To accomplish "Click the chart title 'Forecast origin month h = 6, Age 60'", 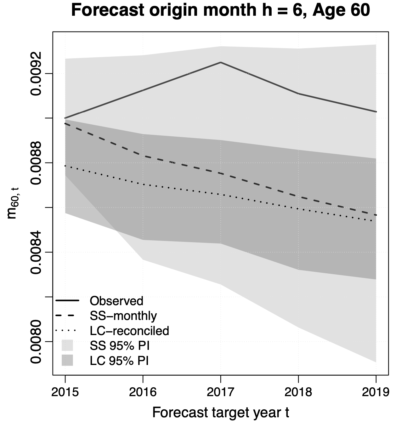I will pyautogui.click(x=220, y=11).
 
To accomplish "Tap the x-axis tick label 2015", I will pyautogui.click(x=65, y=392).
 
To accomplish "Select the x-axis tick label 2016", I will pyautogui.click(x=143, y=392).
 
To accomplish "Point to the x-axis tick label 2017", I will pyautogui.click(x=220, y=392).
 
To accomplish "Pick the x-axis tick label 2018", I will pyautogui.click(x=298, y=392).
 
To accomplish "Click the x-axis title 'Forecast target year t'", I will pyautogui.click(x=220, y=413).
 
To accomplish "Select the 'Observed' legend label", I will pyautogui.click(x=116, y=301).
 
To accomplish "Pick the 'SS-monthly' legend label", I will pyautogui.click(x=123, y=316).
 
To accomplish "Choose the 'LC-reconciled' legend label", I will pyautogui.click(x=129, y=331).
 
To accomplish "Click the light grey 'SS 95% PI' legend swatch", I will pyautogui.click(x=67, y=345).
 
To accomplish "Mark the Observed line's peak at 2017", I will pyautogui.click(x=221, y=62).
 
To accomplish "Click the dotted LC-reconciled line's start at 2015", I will pyautogui.click(x=65, y=166).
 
